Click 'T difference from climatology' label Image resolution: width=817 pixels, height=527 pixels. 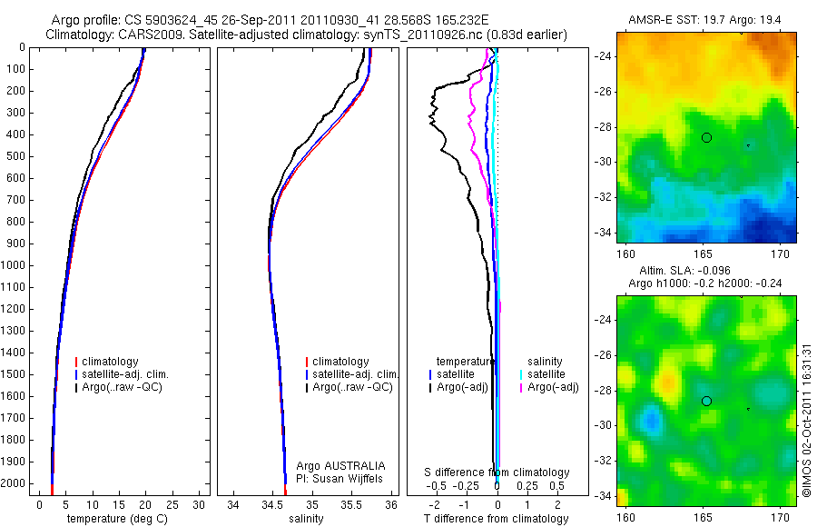click(x=496, y=519)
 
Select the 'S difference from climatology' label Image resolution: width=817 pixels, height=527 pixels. click(x=497, y=472)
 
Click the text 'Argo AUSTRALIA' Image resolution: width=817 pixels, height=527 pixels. click(x=348, y=465)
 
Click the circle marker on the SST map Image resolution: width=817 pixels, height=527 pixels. click(x=706, y=137)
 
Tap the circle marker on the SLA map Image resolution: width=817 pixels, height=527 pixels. click(x=706, y=401)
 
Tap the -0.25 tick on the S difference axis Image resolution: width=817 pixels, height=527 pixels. click(x=468, y=486)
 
